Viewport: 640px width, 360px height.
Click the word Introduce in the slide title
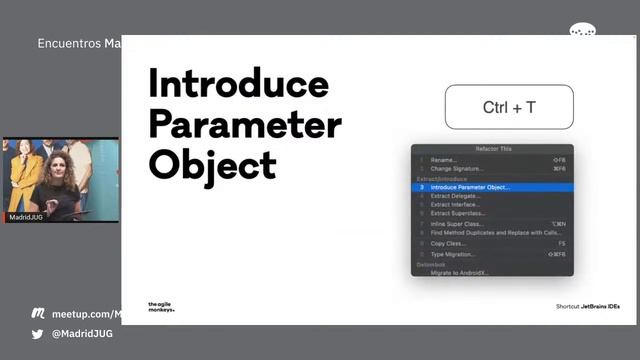[x=238, y=83]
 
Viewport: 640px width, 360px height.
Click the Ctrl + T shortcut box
[x=509, y=107]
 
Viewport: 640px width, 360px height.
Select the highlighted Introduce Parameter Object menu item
[x=470, y=187]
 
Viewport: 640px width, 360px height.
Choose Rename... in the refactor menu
[x=444, y=160]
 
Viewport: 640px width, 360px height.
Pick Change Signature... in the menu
[x=456, y=169]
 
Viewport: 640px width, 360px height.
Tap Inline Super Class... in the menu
[x=457, y=224]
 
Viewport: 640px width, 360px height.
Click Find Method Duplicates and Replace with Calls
[x=494, y=233]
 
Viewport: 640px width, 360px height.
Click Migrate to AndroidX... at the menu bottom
[x=460, y=272]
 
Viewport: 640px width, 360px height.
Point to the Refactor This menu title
[x=493, y=148]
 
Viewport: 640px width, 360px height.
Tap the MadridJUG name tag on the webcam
[x=26, y=216]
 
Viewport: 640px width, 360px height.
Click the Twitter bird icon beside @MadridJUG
[x=38, y=334]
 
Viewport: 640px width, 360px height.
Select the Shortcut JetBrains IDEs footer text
[x=587, y=306]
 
